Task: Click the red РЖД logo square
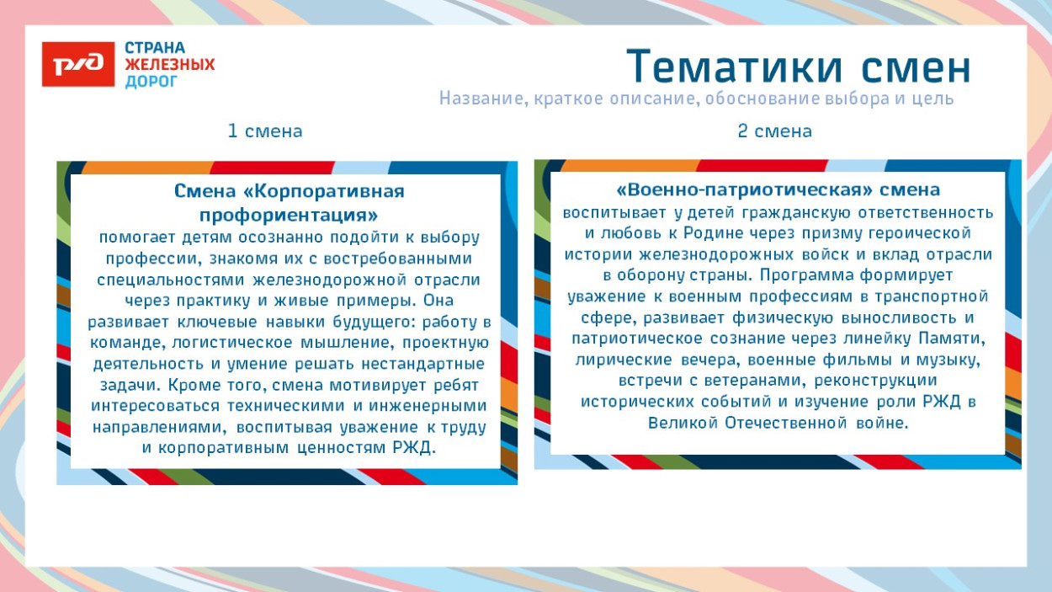point(78,64)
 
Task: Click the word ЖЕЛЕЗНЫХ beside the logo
point(170,65)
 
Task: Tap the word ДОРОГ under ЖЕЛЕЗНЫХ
point(151,82)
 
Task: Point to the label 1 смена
point(264,131)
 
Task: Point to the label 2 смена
point(774,131)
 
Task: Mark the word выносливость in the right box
point(895,318)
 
